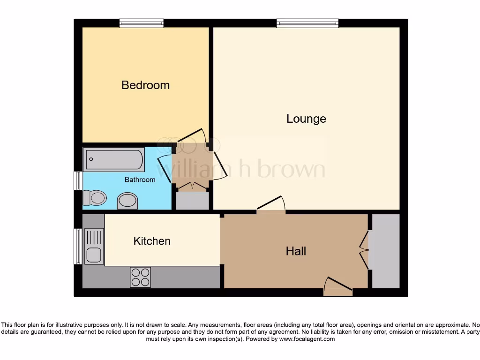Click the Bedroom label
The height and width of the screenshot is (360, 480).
[145, 85]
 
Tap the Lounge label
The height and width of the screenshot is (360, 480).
[306, 119]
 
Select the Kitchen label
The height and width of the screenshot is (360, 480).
[152, 241]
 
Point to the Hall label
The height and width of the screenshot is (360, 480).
[296, 251]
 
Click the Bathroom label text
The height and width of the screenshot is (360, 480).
[140, 180]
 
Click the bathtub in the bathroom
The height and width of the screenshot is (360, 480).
[113, 160]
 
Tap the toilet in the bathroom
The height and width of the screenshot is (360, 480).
[94, 198]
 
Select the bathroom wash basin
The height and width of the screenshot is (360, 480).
[127, 201]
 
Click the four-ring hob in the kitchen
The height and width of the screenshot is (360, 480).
[140, 277]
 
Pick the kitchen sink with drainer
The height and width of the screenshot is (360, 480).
[94, 246]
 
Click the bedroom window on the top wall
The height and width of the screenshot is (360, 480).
[141, 23]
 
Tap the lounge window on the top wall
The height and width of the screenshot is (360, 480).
[307, 23]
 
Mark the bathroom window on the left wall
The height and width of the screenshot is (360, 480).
[78, 180]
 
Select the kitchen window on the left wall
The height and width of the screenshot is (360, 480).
[78, 246]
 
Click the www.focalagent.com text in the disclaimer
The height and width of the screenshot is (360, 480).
[307, 339]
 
